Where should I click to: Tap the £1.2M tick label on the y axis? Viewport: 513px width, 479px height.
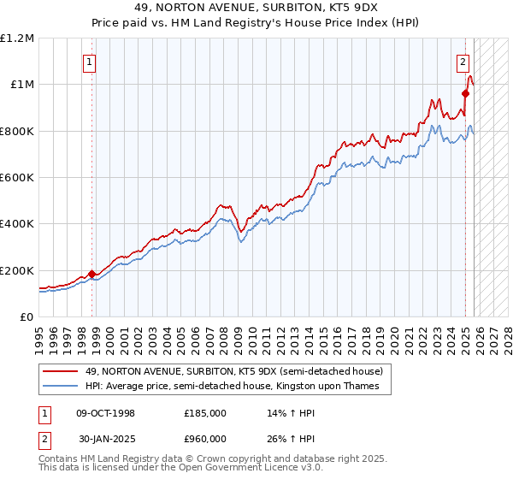click(17, 38)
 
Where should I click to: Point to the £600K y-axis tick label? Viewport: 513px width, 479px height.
click(17, 177)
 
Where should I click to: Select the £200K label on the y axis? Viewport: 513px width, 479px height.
click(17, 270)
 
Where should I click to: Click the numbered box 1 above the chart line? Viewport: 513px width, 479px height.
click(90, 62)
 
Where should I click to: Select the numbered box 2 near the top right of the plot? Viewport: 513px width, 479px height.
click(463, 62)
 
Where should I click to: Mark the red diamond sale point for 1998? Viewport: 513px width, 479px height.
click(92, 274)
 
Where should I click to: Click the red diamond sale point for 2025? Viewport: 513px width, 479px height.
click(466, 93)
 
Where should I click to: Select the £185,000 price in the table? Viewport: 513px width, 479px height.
click(204, 413)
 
